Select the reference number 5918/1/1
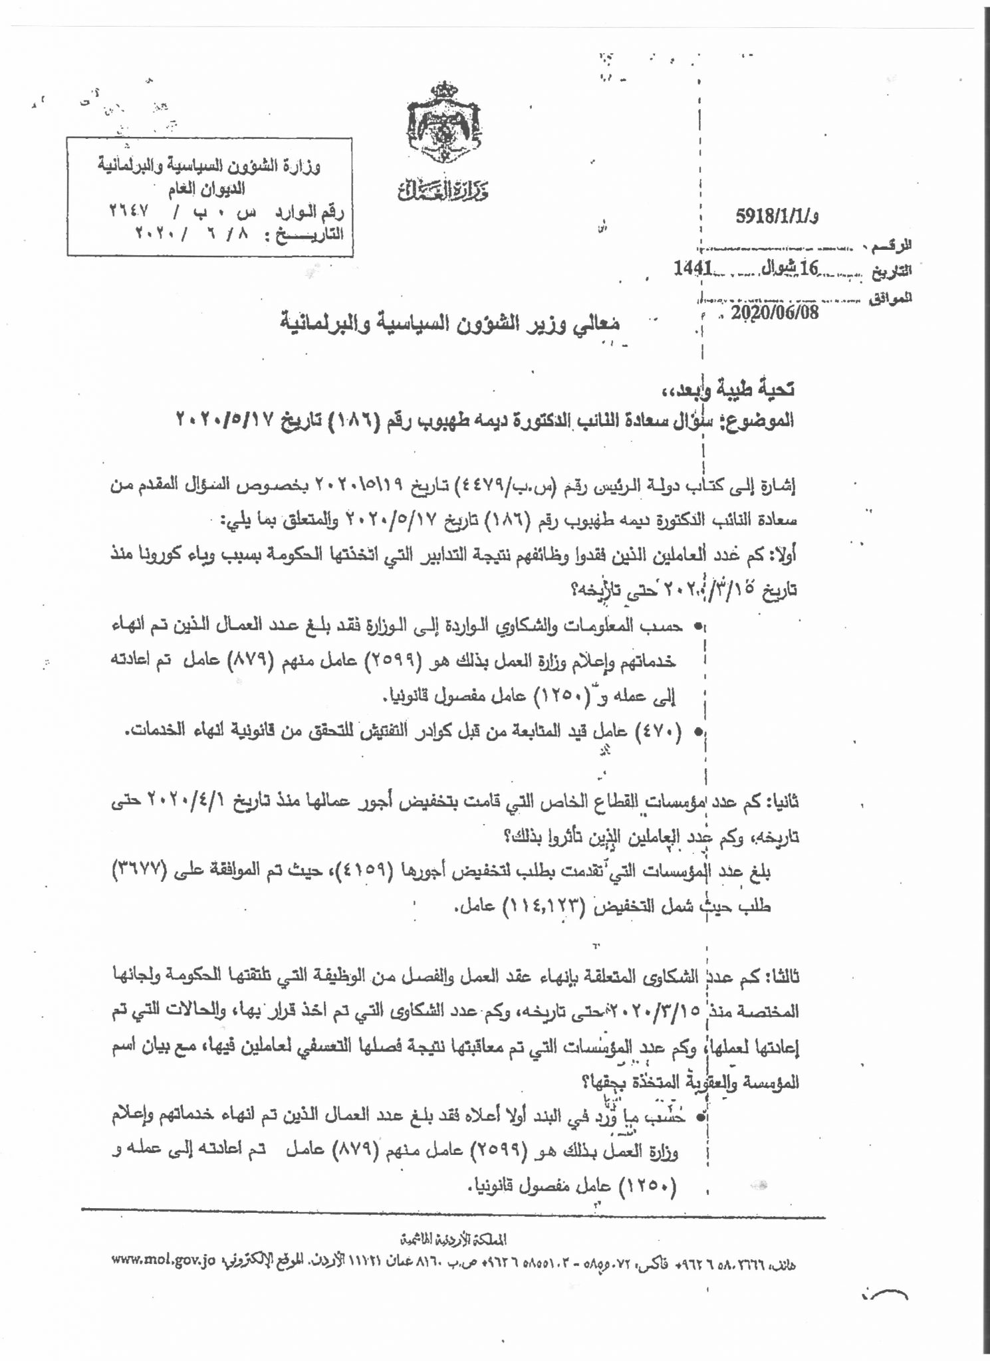pos(777,217)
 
